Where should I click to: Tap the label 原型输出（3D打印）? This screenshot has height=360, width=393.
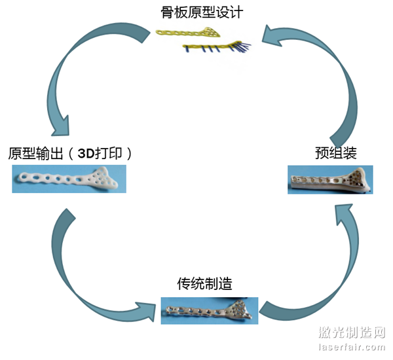click(x=71, y=154)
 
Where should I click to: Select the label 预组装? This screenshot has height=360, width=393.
click(x=335, y=154)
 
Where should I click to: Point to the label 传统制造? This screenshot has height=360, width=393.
click(x=204, y=284)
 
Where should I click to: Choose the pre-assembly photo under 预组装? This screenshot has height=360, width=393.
click(x=331, y=179)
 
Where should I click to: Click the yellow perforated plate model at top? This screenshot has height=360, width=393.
click(x=190, y=33)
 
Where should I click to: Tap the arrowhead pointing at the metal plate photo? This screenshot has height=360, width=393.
click(x=147, y=308)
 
